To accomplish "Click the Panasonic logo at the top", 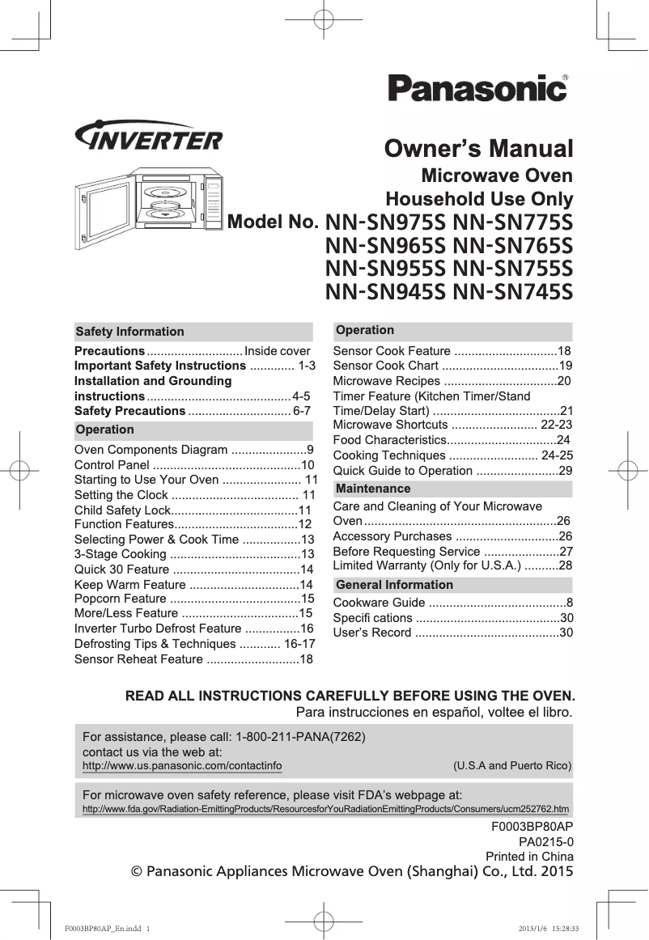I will pos(477,88).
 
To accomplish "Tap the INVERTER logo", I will pos(148,139).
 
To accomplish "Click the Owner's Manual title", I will pos(478,150).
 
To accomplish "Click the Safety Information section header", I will pos(129,332).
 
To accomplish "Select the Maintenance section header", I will pos(373,489).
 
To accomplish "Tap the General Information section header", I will pos(394,585).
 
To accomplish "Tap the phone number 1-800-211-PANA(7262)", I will pos(300,737).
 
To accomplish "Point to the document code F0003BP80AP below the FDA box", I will pos(532,826).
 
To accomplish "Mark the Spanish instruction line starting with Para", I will pos(435,713).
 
